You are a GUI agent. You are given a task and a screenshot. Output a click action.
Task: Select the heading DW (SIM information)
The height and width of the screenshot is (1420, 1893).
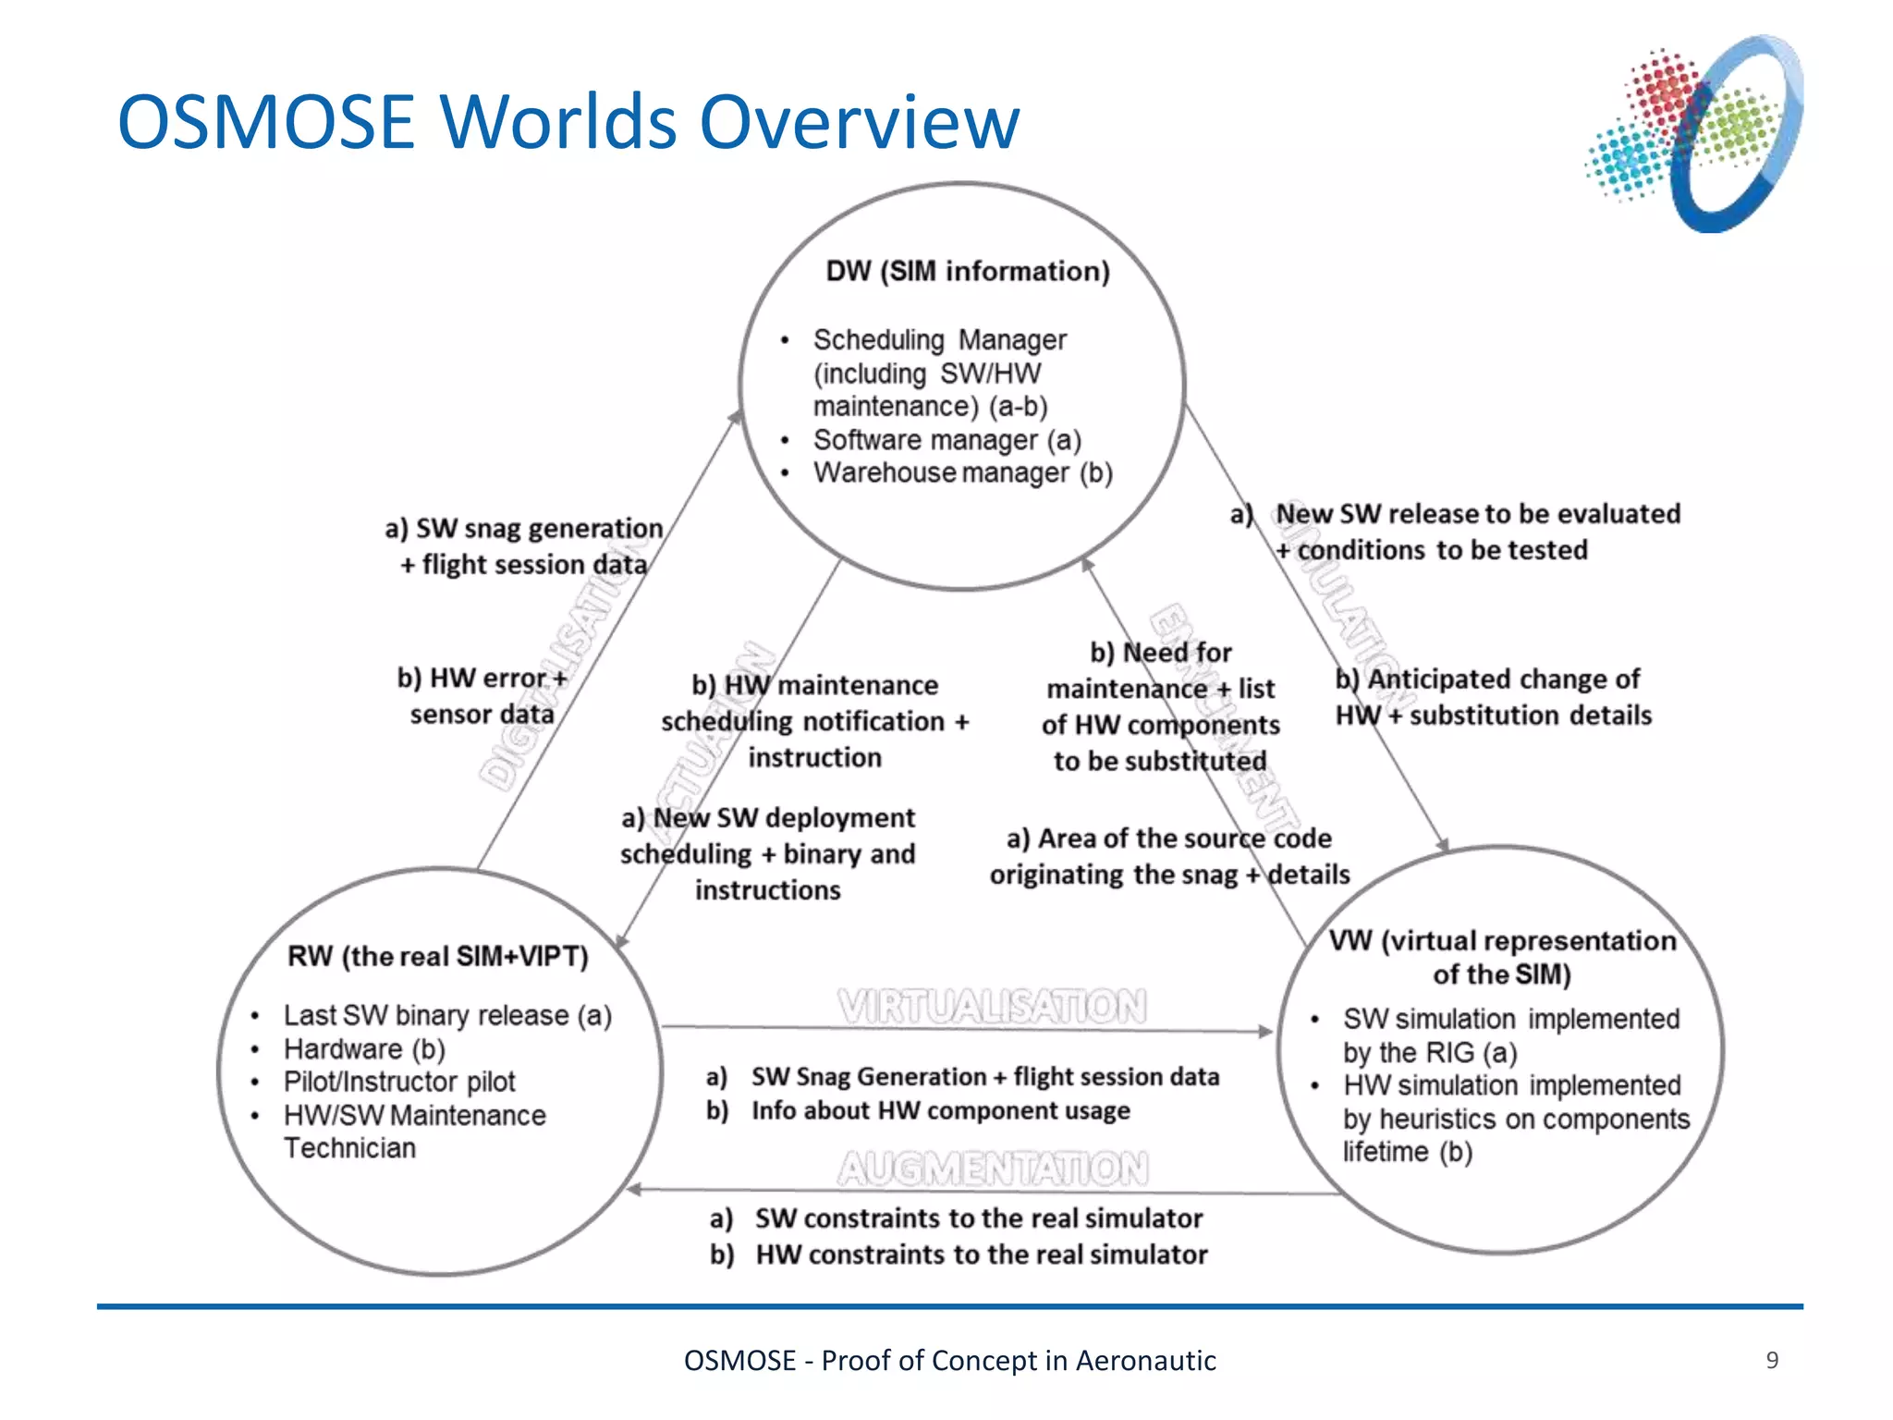(967, 271)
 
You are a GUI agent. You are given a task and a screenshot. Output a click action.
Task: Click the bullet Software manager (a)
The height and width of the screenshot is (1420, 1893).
(946, 440)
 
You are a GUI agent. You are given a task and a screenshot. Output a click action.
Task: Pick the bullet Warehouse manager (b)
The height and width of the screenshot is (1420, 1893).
(962, 473)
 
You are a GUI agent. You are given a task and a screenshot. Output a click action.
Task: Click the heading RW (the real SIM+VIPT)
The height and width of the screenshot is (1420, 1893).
(438, 956)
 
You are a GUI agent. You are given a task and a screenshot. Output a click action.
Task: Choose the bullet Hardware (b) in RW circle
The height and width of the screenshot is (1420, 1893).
(364, 1049)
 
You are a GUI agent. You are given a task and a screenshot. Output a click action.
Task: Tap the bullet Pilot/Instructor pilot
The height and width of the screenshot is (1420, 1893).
(399, 1082)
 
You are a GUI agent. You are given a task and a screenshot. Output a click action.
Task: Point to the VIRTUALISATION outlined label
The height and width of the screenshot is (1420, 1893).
(992, 1006)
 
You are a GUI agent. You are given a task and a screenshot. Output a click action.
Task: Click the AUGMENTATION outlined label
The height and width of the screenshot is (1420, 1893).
(993, 1169)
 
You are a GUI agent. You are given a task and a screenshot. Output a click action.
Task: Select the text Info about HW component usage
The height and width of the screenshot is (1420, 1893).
(940, 1110)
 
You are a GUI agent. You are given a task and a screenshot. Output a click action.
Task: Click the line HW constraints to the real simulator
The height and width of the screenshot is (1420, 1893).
(981, 1255)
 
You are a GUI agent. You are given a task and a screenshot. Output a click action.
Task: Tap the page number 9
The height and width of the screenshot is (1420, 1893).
(1772, 1360)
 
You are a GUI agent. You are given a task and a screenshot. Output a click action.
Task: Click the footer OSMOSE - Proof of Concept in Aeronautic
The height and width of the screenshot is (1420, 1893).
(949, 1361)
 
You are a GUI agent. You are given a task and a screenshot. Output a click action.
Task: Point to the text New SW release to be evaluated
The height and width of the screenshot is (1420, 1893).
(1477, 514)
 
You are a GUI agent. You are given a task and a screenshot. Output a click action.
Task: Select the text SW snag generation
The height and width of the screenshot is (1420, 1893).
(539, 528)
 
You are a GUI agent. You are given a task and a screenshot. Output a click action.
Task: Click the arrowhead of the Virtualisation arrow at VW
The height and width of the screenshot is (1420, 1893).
(1266, 1031)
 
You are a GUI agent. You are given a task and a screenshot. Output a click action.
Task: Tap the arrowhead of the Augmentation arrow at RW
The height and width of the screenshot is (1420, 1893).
(634, 1190)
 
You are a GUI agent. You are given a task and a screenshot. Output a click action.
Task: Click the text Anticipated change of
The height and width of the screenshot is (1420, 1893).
(1502, 679)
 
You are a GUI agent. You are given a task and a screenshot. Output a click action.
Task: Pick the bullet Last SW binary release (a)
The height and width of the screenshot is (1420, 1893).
(447, 1015)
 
